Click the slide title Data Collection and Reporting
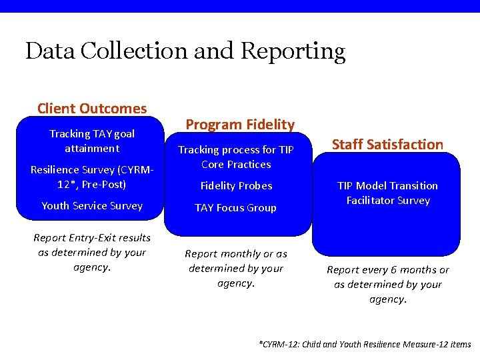click(185, 51)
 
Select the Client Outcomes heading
click(92, 108)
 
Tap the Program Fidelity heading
click(239, 124)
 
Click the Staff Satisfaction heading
click(387, 144)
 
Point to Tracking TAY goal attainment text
click(92, 141)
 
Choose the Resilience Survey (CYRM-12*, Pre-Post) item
click(92, 177)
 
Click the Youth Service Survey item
click(92, 205)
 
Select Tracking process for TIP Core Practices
click(236, 157)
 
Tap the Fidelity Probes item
click(236, 185)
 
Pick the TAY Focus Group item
click(235, 207)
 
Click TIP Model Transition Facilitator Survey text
click(387, 193)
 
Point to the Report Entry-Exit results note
click(92, 252)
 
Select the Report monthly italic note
click(236, 268)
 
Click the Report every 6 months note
click(387, 284)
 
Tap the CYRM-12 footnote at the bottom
click(364, 344)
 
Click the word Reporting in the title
click(293, 51)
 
